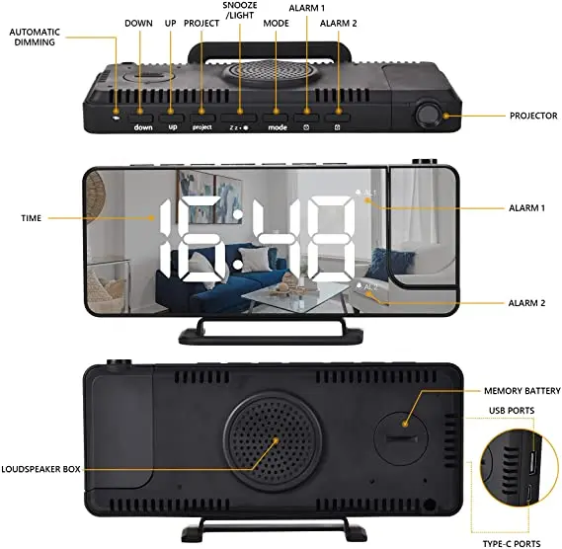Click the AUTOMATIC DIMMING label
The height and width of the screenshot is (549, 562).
35,37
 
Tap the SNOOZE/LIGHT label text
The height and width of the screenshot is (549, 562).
240,11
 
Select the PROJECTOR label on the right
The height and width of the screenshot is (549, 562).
533,116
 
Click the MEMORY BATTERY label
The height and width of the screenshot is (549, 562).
522,391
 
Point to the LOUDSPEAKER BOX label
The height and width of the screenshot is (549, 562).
40,469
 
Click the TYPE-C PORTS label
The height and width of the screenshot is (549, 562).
512,544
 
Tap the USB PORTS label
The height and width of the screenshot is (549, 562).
512,411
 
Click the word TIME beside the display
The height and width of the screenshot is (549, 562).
32,218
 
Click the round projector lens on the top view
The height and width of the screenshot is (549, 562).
429,116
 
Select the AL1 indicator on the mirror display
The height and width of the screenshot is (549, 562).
366,193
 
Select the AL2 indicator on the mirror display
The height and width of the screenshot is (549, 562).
367,286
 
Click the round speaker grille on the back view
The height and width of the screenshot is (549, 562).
273,441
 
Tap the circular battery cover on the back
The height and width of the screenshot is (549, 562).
401,438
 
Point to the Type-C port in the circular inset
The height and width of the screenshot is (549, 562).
529,493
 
